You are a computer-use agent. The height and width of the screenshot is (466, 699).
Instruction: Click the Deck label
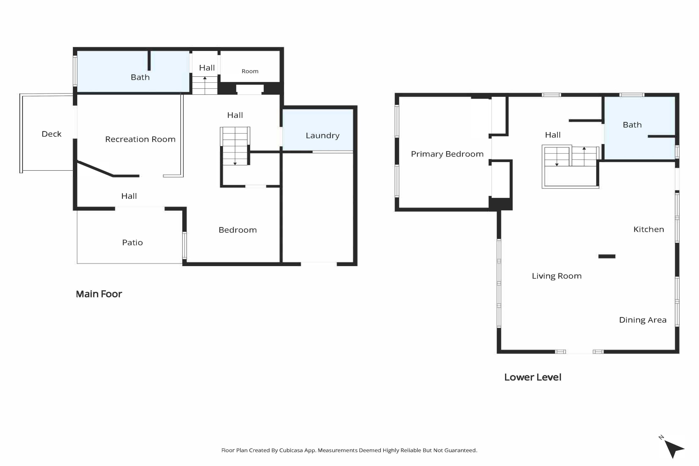click(x=51, y=134)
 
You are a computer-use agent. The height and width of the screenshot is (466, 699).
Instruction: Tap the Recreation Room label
click(x=140, y=139)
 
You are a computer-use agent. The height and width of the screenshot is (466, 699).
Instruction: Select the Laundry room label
click(x=323, y=136)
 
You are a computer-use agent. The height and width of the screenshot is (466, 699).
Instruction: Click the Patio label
click(x=132, y=243)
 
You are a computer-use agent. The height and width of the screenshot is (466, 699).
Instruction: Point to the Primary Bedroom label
click(x=447, y=154)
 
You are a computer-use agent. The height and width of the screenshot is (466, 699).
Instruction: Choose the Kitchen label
click(x=649, y=230)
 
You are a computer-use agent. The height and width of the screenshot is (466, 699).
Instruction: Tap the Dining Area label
click(x=642, y=320)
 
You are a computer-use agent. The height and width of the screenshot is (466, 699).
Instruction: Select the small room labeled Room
click(x=250, y=71)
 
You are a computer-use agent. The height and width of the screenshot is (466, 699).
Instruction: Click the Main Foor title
click(x=99, y=294)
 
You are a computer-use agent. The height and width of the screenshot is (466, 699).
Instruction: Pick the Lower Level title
click(x=533, y=377)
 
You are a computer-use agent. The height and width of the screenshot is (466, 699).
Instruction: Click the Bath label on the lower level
click(x=632, y=125)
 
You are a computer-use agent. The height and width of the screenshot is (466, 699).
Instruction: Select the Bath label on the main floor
click(x=140, y=77)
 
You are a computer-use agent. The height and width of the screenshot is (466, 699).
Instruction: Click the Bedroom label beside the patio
click(x=237, y=230)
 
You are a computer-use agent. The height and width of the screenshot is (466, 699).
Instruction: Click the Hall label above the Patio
click(x=129, y=196)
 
